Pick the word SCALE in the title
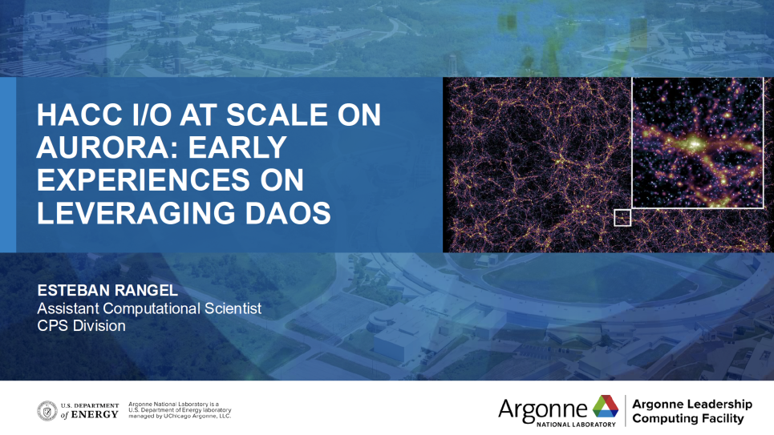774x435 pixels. [x=277, y=115]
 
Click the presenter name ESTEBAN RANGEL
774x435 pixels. [x=107, y=290]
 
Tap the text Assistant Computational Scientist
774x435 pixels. [x=149, y=308]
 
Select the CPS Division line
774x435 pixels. [x=82, y=325]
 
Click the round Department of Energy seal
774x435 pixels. [x=47, y=411]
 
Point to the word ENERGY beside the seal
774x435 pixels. [x=95, y=415]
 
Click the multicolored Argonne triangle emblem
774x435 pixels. [x=606, y=406]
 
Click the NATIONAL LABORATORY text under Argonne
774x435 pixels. [x=576, y=424]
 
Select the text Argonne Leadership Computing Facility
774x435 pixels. [x=692, y=411]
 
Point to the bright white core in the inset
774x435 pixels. [x=696, y=143]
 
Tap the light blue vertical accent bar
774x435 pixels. [x=8, y=165]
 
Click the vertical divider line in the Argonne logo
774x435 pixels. [x=626, y=410]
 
